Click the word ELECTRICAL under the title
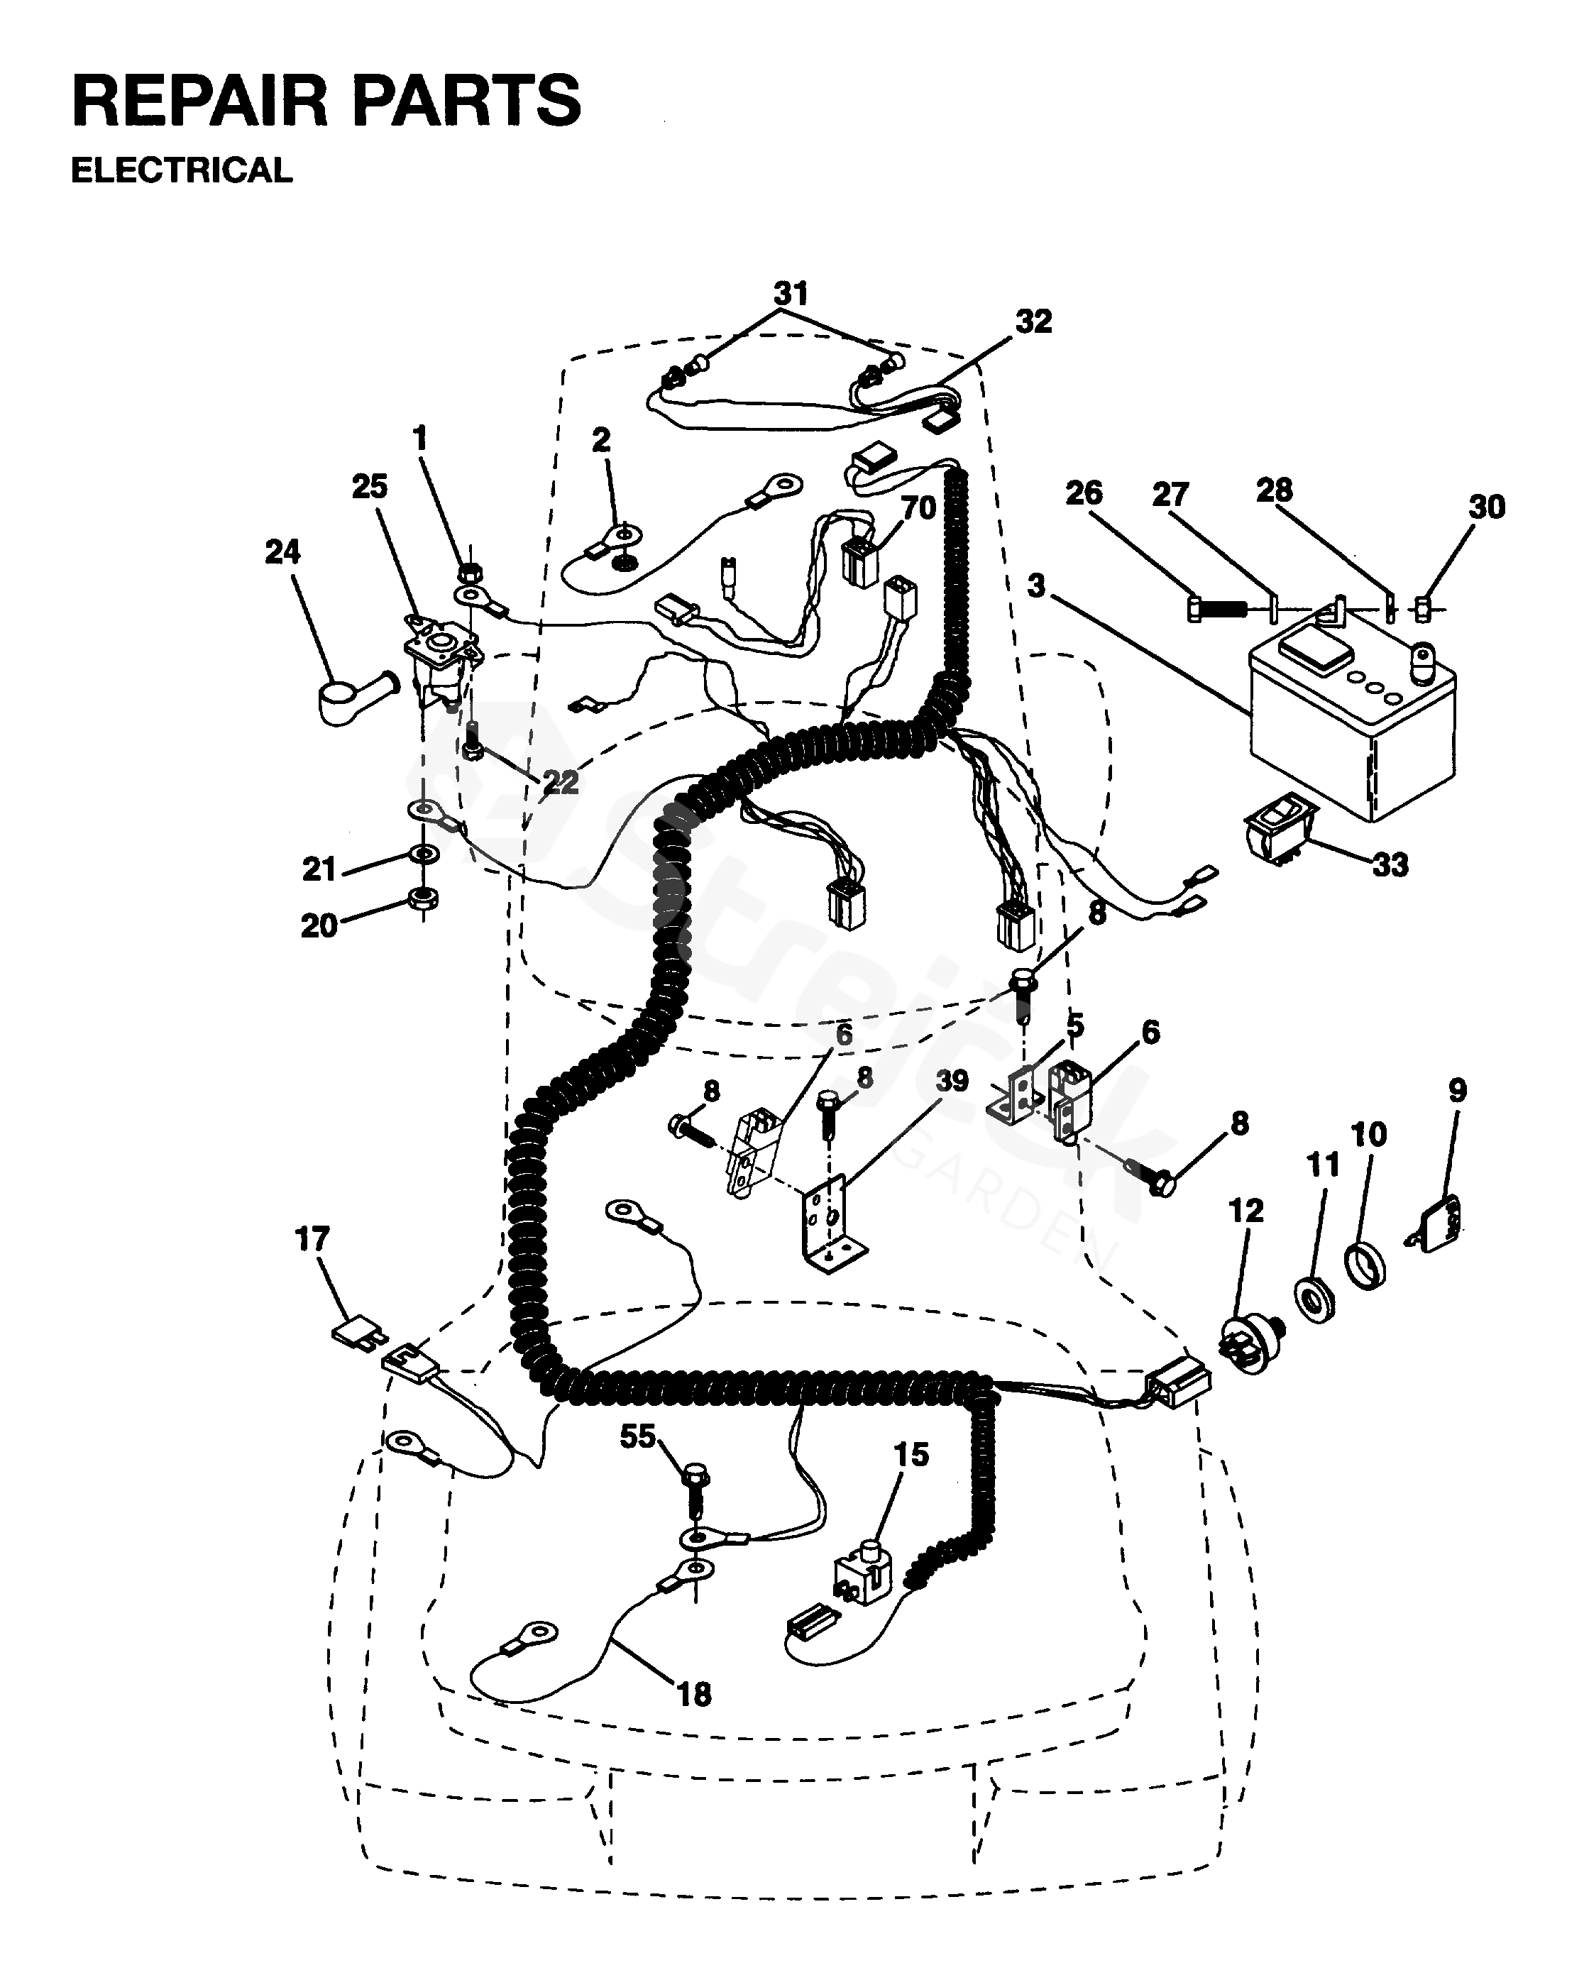[181, 171]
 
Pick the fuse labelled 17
[354, 1333]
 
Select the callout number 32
[1033, 321]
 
